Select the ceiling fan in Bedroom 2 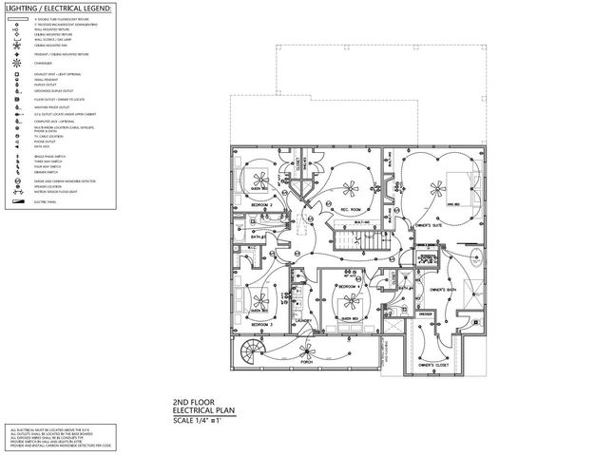(x=259, y=178)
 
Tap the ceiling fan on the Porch (x=305, y=348)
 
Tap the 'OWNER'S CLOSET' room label (x=433, y=364)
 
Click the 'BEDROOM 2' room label (x=261, y=203)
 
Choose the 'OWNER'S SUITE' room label (x=419, y=226)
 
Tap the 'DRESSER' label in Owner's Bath (x=425, y=313)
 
